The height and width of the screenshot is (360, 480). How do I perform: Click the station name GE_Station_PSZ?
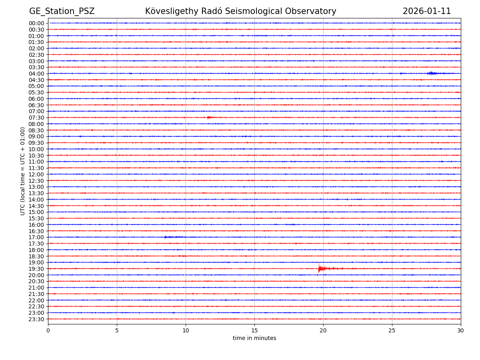62,11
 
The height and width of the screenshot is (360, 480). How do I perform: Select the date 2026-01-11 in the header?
426,11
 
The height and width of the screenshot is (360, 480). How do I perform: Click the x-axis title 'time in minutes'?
254,338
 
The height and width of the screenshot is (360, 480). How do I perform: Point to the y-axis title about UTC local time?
23,171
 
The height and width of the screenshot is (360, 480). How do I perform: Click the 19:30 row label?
36,269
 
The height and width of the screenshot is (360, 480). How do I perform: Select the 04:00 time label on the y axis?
36,74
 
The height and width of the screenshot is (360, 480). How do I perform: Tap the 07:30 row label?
36,118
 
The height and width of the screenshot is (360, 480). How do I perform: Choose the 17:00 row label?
36,237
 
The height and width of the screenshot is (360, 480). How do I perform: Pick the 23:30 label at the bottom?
36,319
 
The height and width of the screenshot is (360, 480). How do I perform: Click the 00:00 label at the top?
36,23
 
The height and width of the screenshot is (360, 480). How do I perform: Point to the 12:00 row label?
36,174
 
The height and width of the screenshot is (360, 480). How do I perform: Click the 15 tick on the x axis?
254,331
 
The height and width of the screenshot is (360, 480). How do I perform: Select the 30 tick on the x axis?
461,331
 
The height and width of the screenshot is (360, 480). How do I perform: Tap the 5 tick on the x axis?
117,331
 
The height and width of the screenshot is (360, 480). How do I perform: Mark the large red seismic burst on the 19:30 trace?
320,269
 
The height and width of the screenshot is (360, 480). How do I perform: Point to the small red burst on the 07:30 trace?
209,118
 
